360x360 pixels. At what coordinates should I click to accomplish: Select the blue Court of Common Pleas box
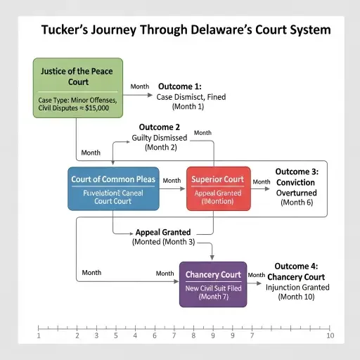tap(112, 188)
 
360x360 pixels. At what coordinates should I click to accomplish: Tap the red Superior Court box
tap(217, 188)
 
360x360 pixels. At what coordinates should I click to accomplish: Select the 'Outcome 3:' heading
tap(295, 171)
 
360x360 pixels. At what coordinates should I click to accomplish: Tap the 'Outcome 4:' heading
tap(294, 266)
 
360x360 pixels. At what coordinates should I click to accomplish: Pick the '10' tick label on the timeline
tap(330, 336)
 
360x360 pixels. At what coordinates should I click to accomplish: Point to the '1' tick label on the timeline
tap(39, 336)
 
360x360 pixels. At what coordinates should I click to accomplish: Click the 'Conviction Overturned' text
tap(296, 187)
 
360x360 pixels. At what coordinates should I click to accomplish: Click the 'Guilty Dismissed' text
tap(160, 138)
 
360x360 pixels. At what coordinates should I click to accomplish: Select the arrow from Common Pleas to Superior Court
tap(173, 188)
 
